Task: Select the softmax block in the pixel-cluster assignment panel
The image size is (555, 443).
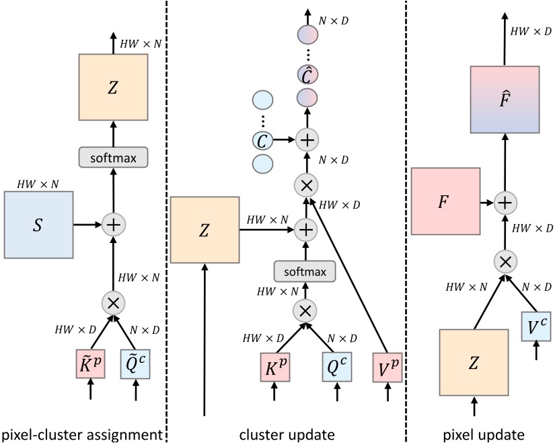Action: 113,158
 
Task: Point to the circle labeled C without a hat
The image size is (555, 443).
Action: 262,141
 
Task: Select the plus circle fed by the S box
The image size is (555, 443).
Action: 113,221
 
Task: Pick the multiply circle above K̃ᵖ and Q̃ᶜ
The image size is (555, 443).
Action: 113,302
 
